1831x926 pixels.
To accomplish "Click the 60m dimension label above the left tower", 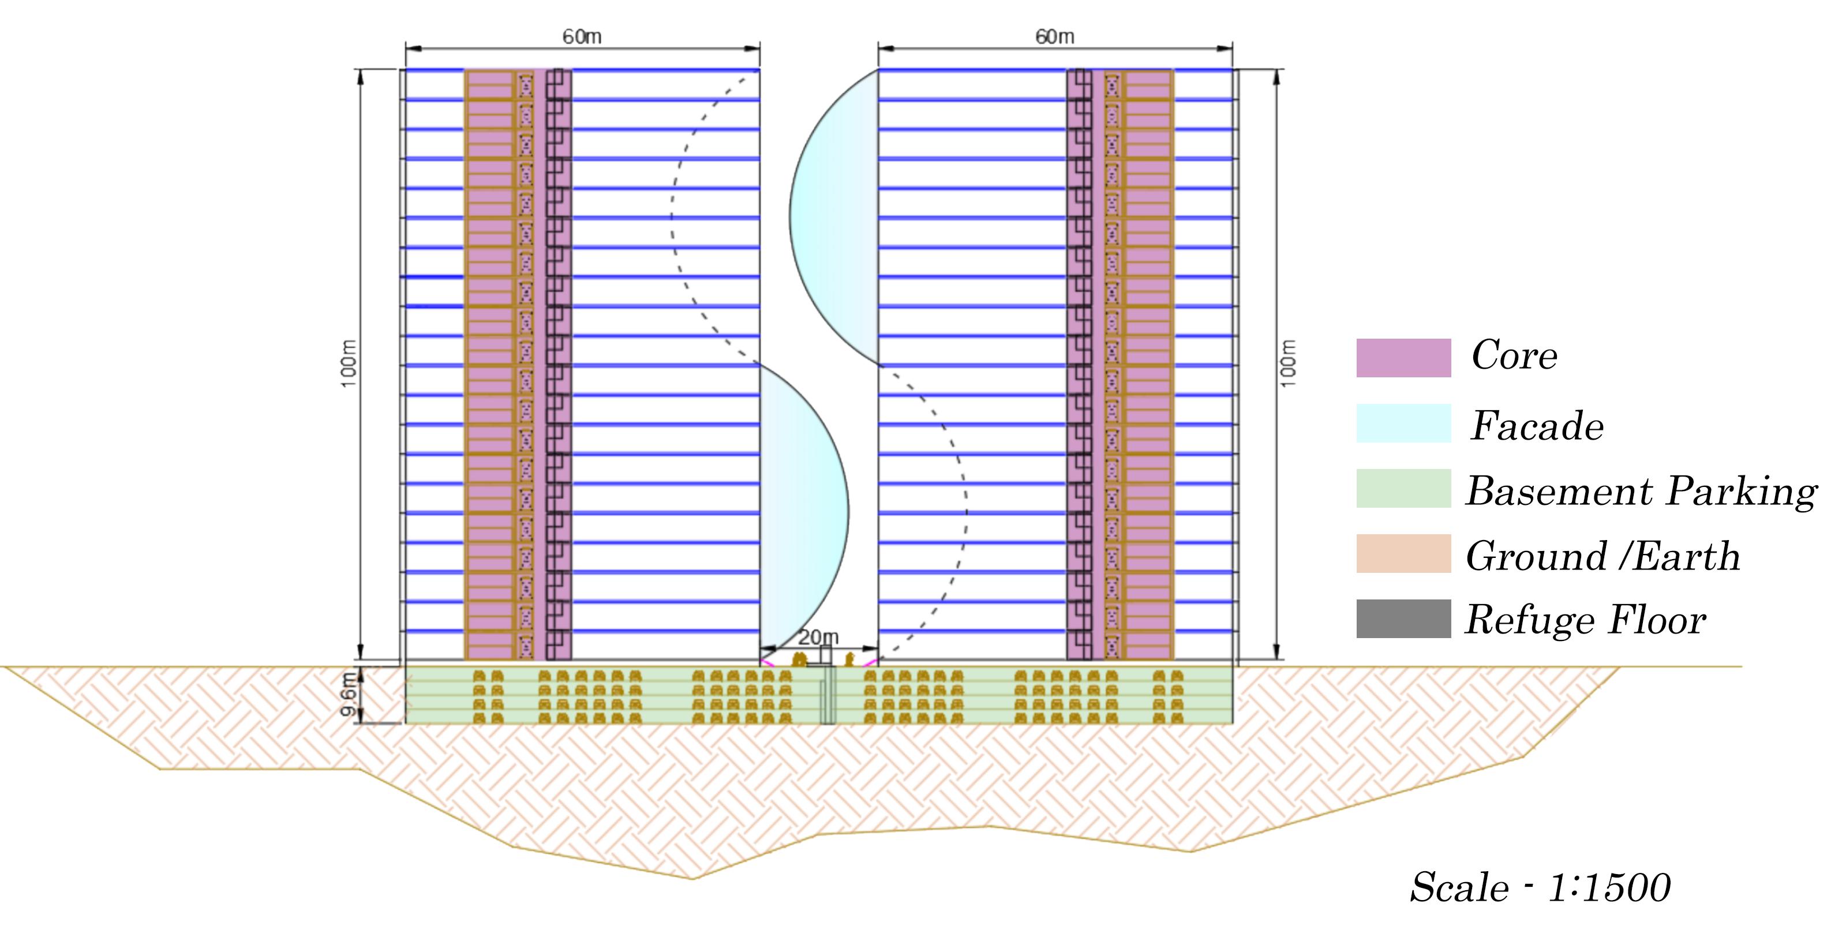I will click(x=582, y=36).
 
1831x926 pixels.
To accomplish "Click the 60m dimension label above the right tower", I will click(x=1054, y=36).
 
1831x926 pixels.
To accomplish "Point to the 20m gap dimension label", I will click(x=818, y=638).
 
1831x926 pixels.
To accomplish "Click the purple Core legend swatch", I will click(x=1403, y=358).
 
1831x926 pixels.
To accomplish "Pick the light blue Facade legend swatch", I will click(x=1403, y=423).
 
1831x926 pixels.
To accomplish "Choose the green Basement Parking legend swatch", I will click(x=1403, y=488).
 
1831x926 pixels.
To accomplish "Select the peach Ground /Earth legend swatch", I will click(x=1403, y=554).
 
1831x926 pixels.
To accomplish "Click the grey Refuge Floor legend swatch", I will click(x=1403, y=618).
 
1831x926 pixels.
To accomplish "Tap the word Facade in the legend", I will click(x=1537, y=426).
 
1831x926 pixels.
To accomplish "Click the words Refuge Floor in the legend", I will click(x=1585, y=620).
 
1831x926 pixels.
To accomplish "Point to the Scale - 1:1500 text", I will click(x=1540, y=887).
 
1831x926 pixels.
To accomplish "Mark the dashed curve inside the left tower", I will click(x=672, y=213).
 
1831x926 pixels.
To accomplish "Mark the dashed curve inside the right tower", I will click(x=964, y=497).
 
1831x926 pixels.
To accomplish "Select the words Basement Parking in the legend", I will click(x=1641, y=491).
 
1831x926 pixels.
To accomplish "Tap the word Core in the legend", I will click(x=1514, y=355).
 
